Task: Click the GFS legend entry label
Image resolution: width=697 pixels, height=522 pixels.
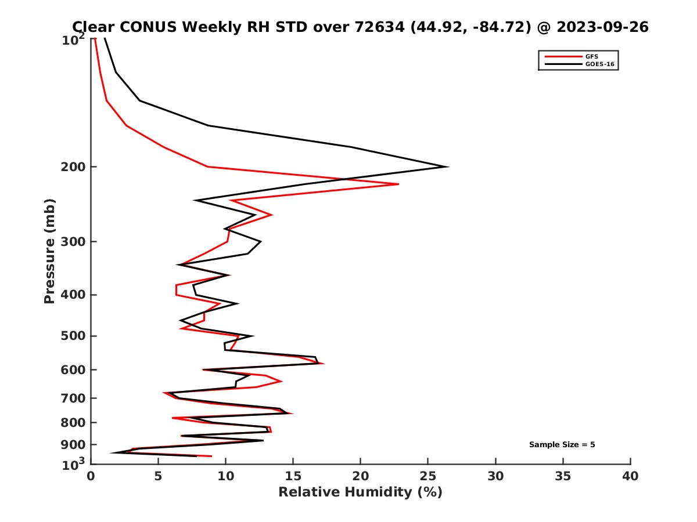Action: point(592,56)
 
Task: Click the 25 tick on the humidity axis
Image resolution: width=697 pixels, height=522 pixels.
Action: point(428,476)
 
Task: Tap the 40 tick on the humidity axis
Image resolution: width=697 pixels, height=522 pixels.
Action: point(630,476)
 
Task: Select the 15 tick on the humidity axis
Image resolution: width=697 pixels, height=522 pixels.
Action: point(293,476)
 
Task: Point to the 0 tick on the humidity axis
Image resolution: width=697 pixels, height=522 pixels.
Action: point(91,476)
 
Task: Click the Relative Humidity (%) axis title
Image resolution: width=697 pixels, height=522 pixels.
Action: point(360,492)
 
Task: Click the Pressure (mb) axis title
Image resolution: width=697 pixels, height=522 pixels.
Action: point(49,251)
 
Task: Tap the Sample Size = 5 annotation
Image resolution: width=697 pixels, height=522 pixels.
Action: point(562,445)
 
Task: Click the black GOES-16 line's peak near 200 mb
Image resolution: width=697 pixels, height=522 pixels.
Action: point(447,167)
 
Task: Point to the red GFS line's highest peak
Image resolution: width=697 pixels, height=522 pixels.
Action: point(398,184)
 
